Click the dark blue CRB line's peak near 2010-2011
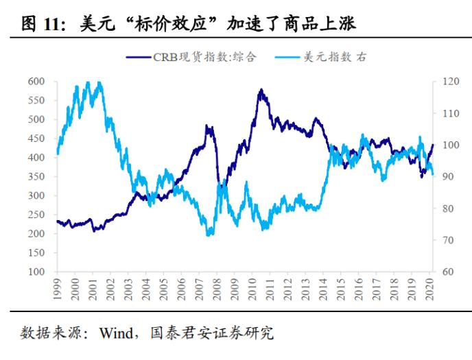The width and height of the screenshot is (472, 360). click(261, 89)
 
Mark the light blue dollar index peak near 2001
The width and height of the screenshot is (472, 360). click(100, 82)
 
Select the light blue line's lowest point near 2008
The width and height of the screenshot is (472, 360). click(209, 235)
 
